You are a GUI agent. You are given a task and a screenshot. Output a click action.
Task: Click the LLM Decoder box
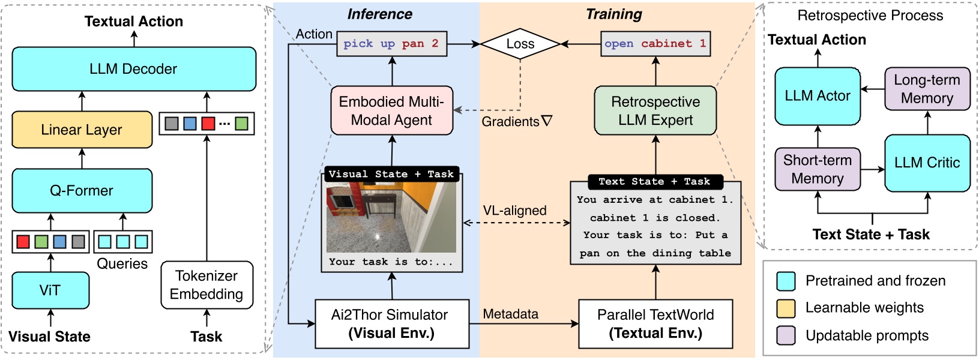(134, 69)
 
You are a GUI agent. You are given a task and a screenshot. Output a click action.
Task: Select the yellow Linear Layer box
(82, 130)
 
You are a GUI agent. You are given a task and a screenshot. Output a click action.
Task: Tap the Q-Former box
(82, 191)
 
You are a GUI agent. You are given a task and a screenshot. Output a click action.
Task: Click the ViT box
(50, 290)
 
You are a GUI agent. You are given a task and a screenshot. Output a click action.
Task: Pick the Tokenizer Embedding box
(206, 285)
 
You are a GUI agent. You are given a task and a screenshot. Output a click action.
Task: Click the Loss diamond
(520, 44)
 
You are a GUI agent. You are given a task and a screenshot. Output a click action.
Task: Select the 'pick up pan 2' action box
(391, 44)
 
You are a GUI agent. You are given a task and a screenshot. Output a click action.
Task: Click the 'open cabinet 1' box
(655, 44)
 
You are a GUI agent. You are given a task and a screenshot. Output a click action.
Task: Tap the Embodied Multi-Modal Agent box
(391, 111)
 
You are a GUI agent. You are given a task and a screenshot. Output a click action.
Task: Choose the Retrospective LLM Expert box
(655, 111)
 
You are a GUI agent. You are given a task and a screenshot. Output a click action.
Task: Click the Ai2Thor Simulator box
(391, 324)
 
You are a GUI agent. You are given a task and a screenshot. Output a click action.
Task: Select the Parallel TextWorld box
(655, 324)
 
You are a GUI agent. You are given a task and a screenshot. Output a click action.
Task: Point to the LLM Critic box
(927, 163)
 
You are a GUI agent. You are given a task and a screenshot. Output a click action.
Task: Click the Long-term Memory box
(927, 89)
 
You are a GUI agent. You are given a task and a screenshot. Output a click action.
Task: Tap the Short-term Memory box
(817, 169)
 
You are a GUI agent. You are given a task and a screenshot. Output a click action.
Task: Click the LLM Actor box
(817, 96)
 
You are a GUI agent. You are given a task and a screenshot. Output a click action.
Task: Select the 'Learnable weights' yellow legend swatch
(786, 308)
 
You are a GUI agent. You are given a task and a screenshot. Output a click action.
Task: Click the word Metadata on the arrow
(510, 314)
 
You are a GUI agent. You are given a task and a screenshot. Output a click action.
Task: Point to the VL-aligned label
(514, 211)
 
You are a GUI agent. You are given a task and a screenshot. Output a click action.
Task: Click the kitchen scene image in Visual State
(391, 217)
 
